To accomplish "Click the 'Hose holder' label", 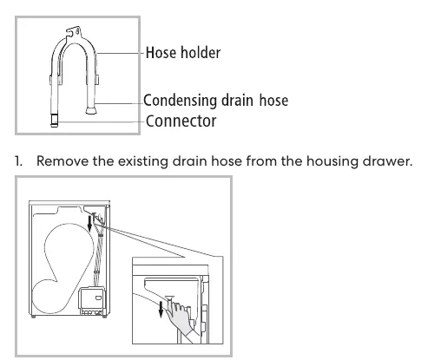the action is (183, 53).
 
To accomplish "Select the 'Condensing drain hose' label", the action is (216, 101).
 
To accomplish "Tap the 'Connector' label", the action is (181, 121).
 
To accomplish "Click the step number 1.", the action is (18, 161).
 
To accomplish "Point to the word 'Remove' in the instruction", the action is (63, 161).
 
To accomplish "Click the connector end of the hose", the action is (54, 120).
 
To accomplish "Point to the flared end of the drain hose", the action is (91, 110).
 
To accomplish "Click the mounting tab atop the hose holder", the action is (73, 31).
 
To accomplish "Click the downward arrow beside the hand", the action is (161, 309).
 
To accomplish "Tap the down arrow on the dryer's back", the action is (90, 224).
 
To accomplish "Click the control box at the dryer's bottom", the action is (91, 301).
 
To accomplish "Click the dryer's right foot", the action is (104, 317).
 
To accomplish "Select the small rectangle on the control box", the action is (98, 298).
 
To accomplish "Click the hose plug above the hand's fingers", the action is (169, 298).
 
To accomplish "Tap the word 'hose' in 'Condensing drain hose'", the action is (273, 101).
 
